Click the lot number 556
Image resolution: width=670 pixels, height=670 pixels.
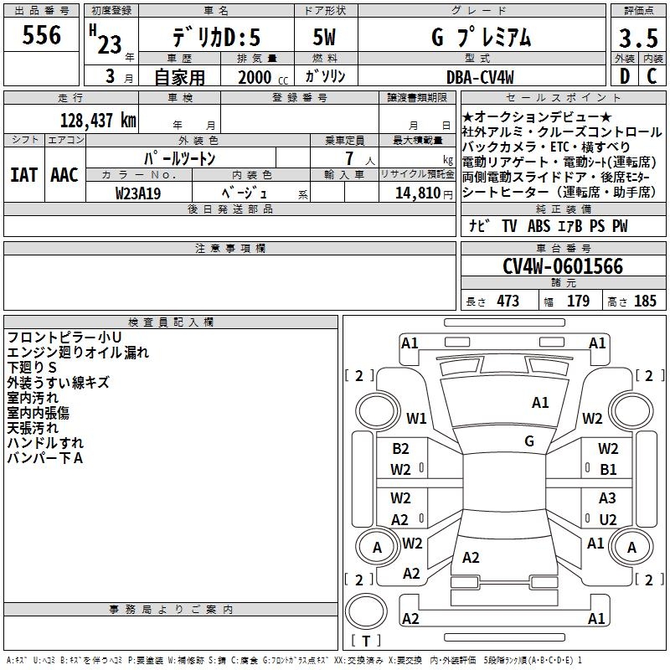(42, 35)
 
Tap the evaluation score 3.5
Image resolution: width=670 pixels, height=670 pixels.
(638, 39)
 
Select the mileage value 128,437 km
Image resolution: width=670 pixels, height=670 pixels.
(98, 120)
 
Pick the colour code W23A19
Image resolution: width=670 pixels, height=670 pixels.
(139, 193)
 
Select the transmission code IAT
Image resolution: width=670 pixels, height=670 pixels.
(24, 175)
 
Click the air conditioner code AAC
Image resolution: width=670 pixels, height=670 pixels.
(64, 175)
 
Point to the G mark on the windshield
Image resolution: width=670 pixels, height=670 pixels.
(529, 441)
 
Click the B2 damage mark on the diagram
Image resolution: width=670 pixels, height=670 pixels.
(400, 449)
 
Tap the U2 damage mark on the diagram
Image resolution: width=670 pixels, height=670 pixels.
(608, 519)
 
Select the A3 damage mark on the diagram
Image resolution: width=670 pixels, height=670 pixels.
(608, 498)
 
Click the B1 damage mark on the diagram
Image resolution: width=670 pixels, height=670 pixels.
(608, 470)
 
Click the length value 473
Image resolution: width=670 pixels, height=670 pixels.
(508, 301)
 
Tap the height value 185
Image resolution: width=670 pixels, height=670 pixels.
(645, 301)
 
